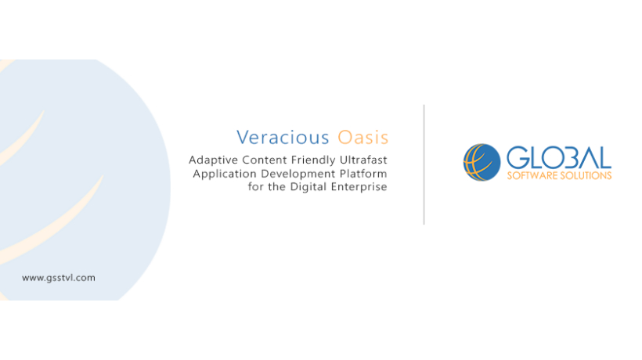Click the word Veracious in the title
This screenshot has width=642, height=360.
pos(283,138)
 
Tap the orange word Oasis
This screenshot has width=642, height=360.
pos(362,138)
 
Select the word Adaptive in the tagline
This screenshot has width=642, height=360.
pos(213,160)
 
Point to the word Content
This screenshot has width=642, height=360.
pos(265,160)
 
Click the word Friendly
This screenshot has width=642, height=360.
pos(313,160)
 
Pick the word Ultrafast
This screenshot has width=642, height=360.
pos(363,160)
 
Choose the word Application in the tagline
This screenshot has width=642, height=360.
pos(225,175)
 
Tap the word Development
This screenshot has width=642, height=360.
pos(298,175)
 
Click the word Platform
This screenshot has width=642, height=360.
pos(363,174)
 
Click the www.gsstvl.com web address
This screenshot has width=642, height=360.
pos(59,278)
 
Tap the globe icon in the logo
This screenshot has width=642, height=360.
pos(481,162)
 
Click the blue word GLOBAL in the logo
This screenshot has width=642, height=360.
pos(559,157)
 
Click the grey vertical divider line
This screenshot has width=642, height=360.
pos(424,164)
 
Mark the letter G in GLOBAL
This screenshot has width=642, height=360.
pos(517,157)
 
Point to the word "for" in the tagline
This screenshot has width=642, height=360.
pos(256,186)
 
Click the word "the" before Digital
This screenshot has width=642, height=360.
pos(277,186)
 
